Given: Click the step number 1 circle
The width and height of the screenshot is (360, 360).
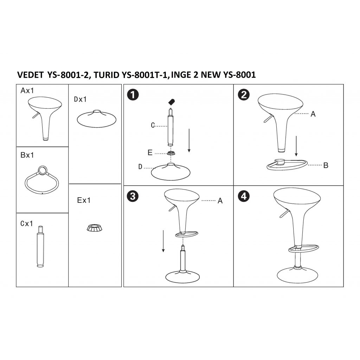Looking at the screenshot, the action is (133, 95).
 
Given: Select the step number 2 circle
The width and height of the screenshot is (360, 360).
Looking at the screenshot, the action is (244, 95).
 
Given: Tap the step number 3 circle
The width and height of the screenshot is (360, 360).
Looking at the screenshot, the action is (133, 196).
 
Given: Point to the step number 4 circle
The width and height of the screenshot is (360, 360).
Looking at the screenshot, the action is (244, 196).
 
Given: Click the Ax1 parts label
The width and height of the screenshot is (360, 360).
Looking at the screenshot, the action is (27, 90).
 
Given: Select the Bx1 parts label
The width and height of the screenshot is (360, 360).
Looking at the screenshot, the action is (27, 155).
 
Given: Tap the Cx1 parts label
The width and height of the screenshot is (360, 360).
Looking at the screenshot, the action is (27, 223).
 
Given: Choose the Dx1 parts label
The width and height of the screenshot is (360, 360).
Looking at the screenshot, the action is (80, 99).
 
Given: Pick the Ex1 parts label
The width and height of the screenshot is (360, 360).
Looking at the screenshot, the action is (84, 200).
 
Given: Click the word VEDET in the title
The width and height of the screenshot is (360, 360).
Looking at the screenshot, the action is (30, 75).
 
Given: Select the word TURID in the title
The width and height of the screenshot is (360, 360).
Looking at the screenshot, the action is (107, 75).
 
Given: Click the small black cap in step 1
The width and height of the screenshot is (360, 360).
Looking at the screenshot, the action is (172, 102).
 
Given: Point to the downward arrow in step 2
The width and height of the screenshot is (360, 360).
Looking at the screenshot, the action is (296, 146).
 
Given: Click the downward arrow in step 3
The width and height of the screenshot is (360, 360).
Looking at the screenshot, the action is (163, 241).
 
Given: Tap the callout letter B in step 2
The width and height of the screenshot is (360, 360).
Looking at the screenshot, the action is (326, 165).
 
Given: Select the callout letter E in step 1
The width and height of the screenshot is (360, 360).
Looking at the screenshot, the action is (150, 153).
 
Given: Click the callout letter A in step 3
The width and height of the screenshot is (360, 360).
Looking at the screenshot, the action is (220, 201).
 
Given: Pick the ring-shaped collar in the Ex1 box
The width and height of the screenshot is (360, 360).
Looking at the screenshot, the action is (95, 228).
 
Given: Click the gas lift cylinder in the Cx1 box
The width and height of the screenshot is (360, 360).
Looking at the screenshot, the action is (40, 246).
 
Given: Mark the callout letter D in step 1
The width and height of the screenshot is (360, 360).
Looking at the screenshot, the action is (140, 167).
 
